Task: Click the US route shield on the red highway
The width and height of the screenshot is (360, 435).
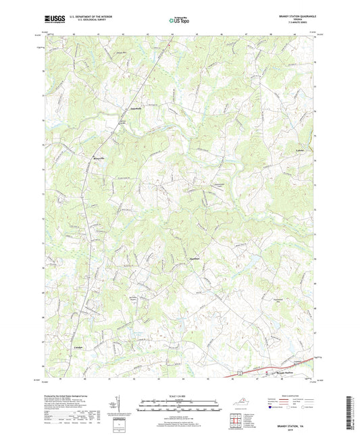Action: [x=240, y=372]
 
